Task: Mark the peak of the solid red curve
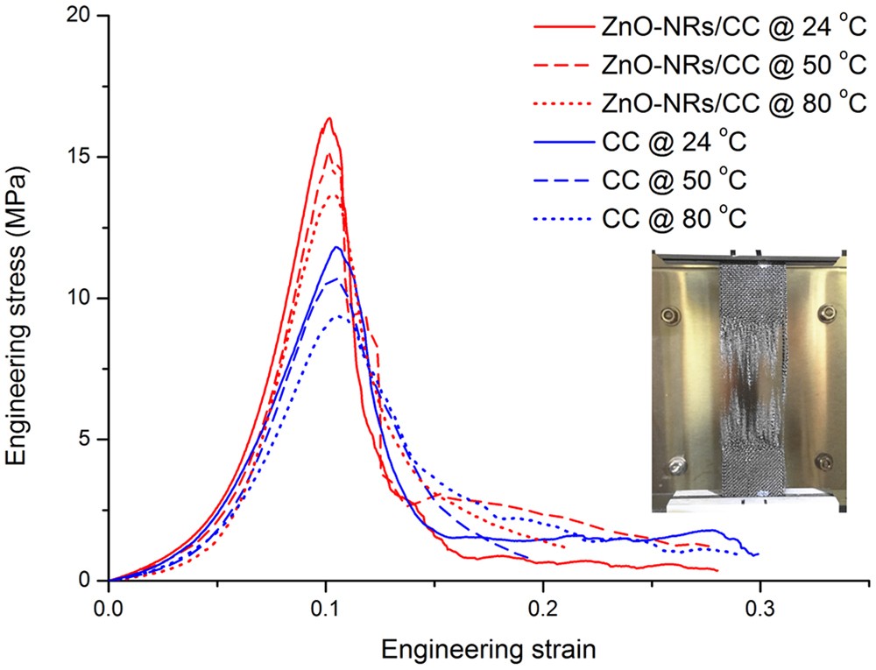(x=328, y=118)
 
